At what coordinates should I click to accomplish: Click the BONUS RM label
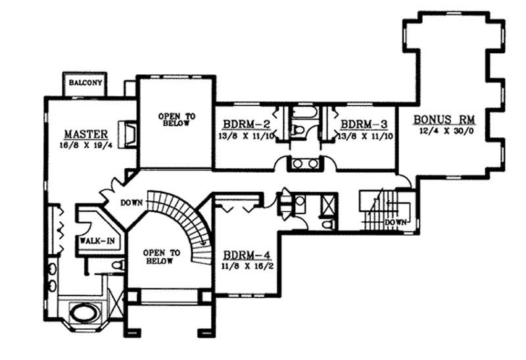pyautogui.click(x=444, y=120)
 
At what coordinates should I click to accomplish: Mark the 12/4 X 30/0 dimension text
pyautogui.click(x=444, y=132)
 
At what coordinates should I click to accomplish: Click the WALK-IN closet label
pyautogui.click(x=98, y=241)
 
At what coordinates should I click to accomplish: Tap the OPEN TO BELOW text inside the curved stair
pyautogui.click(x=160, y=256)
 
